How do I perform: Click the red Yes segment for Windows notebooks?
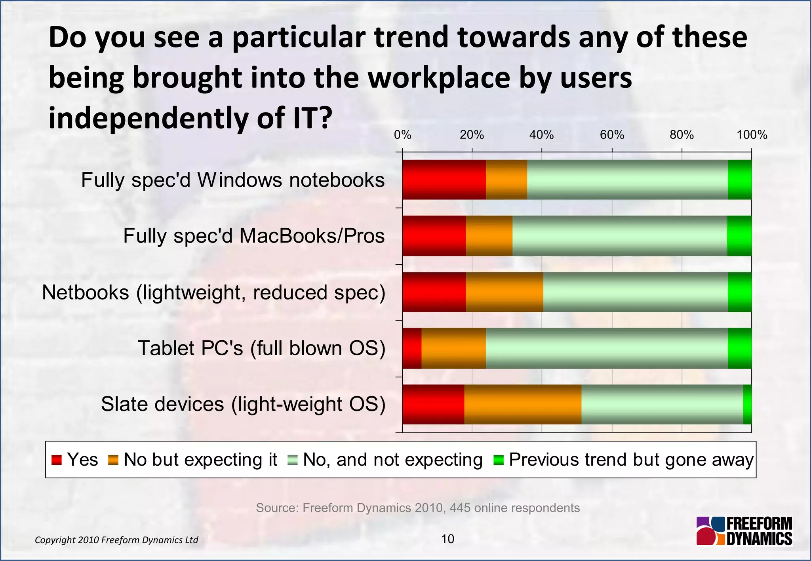[444, 180]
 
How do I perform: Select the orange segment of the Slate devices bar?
[523, 404]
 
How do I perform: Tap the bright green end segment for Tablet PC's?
[739, 348]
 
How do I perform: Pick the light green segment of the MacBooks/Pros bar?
[619, 236]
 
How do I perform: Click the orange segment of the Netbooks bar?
[504, 292]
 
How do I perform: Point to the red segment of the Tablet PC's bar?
[412, 348]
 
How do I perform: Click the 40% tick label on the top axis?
[541, 135]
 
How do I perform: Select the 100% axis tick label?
[752, 135]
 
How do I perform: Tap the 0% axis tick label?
[402, 135]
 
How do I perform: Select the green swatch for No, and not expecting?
[293, 460]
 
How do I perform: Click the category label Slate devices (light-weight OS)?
[243, 404]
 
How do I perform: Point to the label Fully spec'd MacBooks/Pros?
[254, 236]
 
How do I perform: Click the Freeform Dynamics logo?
[744, 531]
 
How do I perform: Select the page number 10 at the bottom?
[447, 539]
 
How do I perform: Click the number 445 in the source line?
[460, 508]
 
